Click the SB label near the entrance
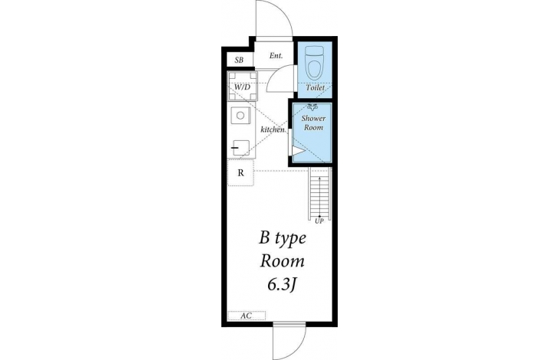click(239, 61)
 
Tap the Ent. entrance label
click(276, 56)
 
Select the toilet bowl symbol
click(315, 63)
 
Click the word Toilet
click(315, 87)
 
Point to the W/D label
click(243, 87)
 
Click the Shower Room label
click(313, 123)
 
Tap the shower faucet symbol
click(312, 106)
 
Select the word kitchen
click(273, 129)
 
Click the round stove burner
click(240, 116)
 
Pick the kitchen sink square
click(240, 148)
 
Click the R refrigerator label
click(240, 173)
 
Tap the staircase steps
click(319, 194)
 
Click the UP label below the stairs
click(319, 221)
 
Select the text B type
click(283, 239)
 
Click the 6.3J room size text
click(283, 284)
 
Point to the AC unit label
click(246, 316)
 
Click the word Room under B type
click(283, 261)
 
